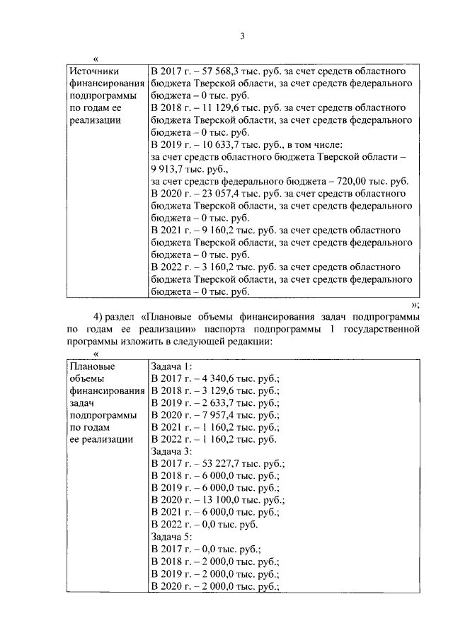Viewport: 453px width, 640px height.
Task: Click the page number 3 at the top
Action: [x=241, y=37]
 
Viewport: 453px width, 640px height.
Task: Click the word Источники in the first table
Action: [x=95, y=71]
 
